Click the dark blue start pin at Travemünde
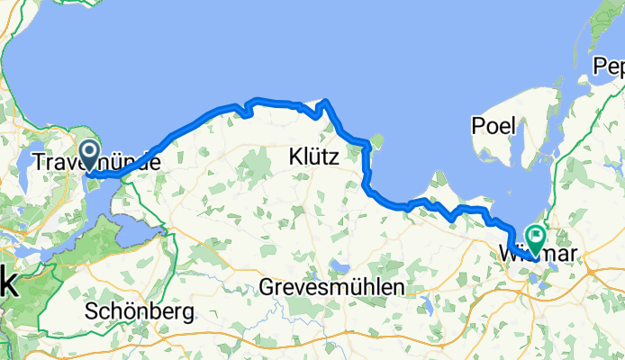(90, 153)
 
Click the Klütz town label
(313, 157)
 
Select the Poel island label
(494, 126)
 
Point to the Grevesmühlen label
(331, 287)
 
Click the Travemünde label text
(96, 163)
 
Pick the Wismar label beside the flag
(547, 255)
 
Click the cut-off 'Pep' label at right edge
(608, 67)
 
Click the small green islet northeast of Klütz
(377, 141)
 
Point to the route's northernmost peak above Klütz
(326, 101)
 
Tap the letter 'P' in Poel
(476, 126)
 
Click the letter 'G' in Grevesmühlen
(266, 287)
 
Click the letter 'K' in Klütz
(294, 157)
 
